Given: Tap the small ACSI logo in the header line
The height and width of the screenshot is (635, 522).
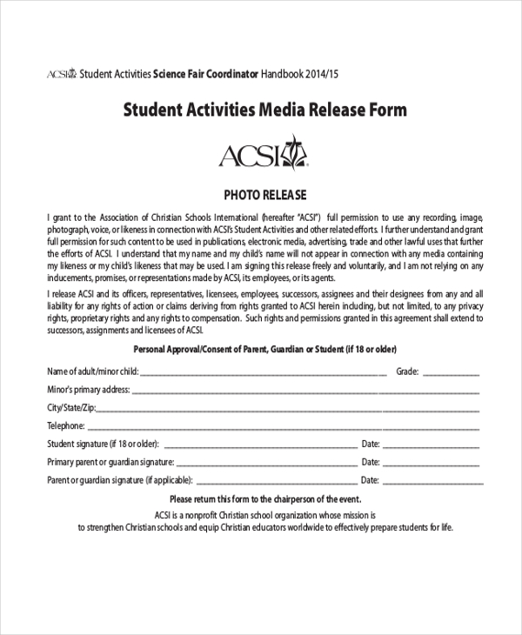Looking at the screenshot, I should click(x=62, y=74).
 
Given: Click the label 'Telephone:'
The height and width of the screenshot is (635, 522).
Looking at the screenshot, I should click(x=65, y=426).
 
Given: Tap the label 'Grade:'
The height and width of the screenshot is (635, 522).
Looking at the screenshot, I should click(x=408, y=371).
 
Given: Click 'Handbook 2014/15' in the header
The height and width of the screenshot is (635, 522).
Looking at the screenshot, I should click(x=299, y=74).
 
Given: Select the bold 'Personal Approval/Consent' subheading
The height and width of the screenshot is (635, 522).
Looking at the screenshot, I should click(x=264, y=350).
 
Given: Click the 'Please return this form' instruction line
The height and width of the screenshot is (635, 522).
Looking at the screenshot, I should click(x=264, y=498).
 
